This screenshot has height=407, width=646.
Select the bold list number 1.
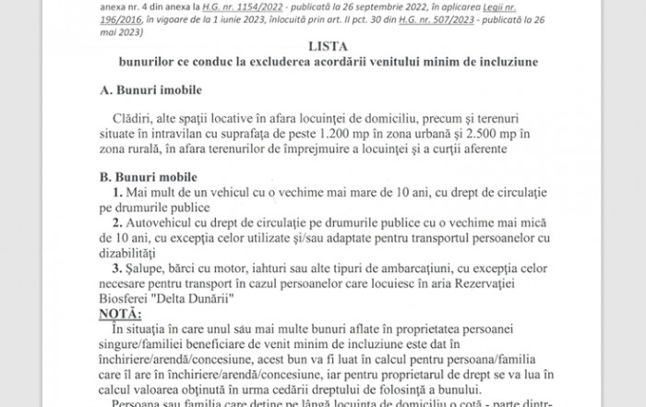pyautogui.click(x=116, y=192)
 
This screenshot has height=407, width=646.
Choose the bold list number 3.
pyautogui.click(x=116, y=269)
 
